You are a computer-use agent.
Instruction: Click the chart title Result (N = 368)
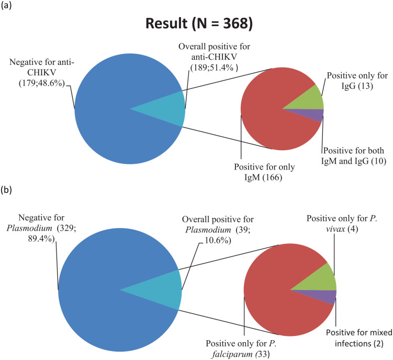199,24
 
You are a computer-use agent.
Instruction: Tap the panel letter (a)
6,6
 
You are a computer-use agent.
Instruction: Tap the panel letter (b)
6,190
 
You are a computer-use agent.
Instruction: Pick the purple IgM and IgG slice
313,114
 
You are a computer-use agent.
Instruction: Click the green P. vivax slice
321,279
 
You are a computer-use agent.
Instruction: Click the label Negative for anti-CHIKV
42,72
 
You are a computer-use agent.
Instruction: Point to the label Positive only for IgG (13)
357,81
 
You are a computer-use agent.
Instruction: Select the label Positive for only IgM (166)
264,172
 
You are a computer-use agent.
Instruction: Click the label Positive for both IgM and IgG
353,156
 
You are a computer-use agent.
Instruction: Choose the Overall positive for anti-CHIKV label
215,57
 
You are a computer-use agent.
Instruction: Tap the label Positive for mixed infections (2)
359,338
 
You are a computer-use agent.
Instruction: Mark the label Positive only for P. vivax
342,223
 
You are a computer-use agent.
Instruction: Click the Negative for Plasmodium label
41,228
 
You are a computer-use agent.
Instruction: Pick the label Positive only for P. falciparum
241,348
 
